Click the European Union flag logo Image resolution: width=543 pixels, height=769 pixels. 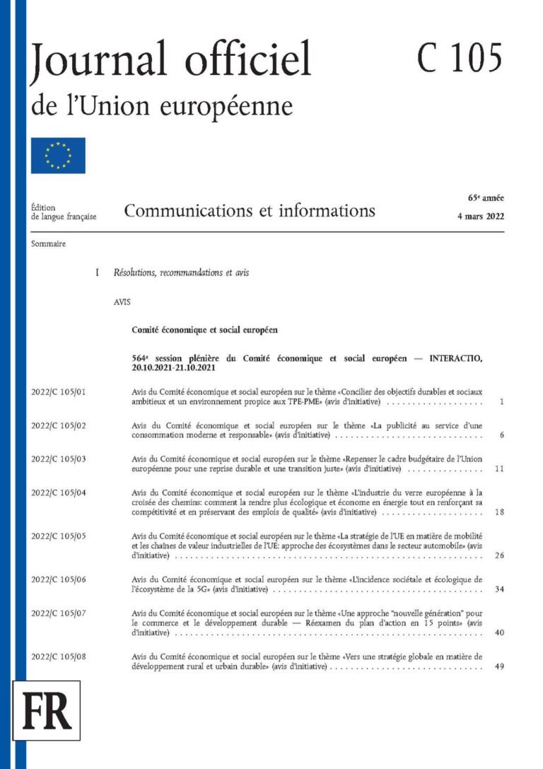click(x=58, y=156)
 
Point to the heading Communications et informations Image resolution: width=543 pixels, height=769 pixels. click(x=250, y=211)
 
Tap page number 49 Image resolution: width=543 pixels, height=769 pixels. click(x=499, y=667)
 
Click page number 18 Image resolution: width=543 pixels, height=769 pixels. click(x=499, y=511)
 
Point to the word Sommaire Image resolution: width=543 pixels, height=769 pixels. click(x=49, y=244)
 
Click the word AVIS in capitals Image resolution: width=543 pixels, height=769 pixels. click(x=122, y=301)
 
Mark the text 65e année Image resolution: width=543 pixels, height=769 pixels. click(x=485, y=197)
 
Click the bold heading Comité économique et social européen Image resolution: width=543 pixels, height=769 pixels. click(x=204, y=330)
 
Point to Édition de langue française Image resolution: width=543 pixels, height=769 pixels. click(x=63, y=212)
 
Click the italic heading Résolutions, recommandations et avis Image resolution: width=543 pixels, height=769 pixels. click(x=181, y=272)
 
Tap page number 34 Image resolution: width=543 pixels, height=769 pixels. click(x=499, y=589)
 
